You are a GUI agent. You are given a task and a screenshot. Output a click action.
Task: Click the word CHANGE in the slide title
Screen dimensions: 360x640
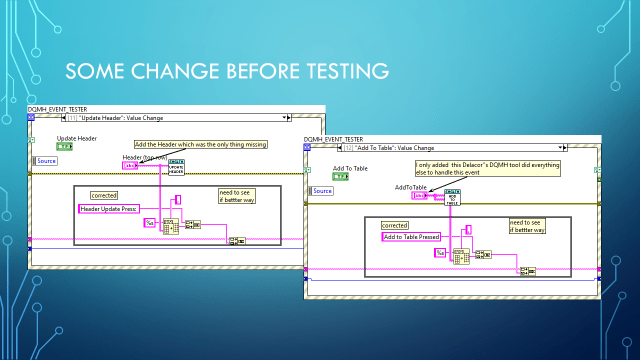pyautogui.click(x=179, y=71)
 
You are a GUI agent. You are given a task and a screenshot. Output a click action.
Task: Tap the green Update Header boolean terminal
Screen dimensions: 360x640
pyautogui.click(x=63, y=146)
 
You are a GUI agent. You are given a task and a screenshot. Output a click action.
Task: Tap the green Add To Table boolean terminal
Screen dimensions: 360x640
pyautogui.click(x=339, y=177)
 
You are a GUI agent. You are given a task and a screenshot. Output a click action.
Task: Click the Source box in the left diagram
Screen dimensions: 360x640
pyautogui.click(x=47, y=160)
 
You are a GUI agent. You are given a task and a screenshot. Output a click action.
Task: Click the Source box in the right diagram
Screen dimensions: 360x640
pyautogui.click(x=322, y=190)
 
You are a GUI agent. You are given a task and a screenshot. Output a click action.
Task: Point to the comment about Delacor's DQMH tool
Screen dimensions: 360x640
pyautogui.click(x=487, y=168)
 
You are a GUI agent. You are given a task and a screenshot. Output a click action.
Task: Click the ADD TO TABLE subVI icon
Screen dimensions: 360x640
pyautogui.click(x=453, y=195)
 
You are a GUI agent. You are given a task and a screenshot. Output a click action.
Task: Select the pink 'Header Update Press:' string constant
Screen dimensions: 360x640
pyautogui.click(x=110, y=208)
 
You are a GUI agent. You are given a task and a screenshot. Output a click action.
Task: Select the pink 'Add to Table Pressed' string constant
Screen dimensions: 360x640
pyautogui.click(x=411, y=237)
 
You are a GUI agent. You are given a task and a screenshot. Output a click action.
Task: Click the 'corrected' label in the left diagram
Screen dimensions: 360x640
pyautogui.click(x=104, y=194)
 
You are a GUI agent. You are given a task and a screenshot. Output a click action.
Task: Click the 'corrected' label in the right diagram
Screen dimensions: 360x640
pyautogui.click(x=394, y=225)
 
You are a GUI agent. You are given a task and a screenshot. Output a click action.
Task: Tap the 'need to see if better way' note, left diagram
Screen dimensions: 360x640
pyautogui.click(x=237, y=195)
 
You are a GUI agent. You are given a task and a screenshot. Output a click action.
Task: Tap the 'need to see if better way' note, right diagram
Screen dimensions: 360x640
pyautogui.click(x=527, y=226)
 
